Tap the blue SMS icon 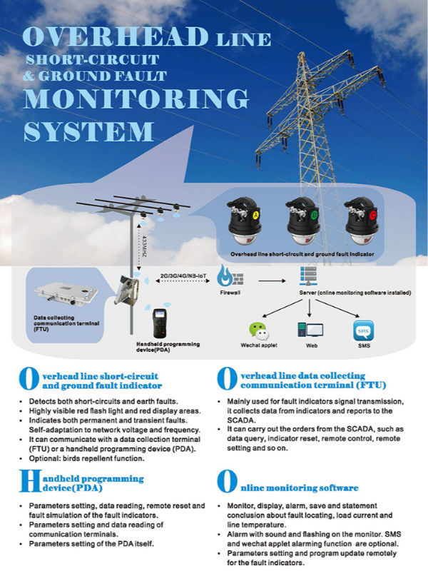pyautogui.click(x=363, y=330)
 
